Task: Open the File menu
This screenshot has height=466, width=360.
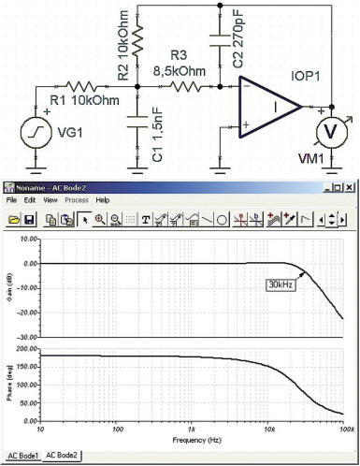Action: point(12,200)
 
